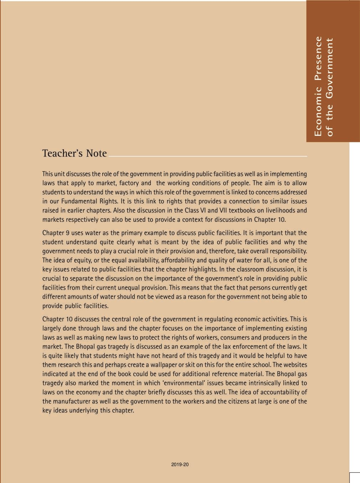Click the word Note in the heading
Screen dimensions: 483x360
(x=96, y=153)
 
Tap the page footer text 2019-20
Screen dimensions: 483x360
(x=180, y=464)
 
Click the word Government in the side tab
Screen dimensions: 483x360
(x=330, y=68)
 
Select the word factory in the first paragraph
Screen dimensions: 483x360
(x=129, y=183)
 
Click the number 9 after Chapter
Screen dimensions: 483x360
(x=67, y=233)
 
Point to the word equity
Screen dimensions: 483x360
(x=82, y=260)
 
